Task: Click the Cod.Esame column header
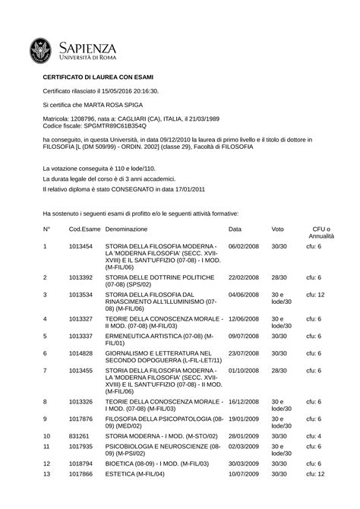[x=84, y=229]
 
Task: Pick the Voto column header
[x=277, y=229]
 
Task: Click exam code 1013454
[x=81, y=247]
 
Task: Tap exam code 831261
[x=78, y=436]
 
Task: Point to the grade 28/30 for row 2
[x=279, y=277]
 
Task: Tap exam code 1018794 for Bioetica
[x=81, y=463]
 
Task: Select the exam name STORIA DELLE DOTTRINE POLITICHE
[x=155, y=277]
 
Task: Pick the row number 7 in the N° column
[x=45, y=370]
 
